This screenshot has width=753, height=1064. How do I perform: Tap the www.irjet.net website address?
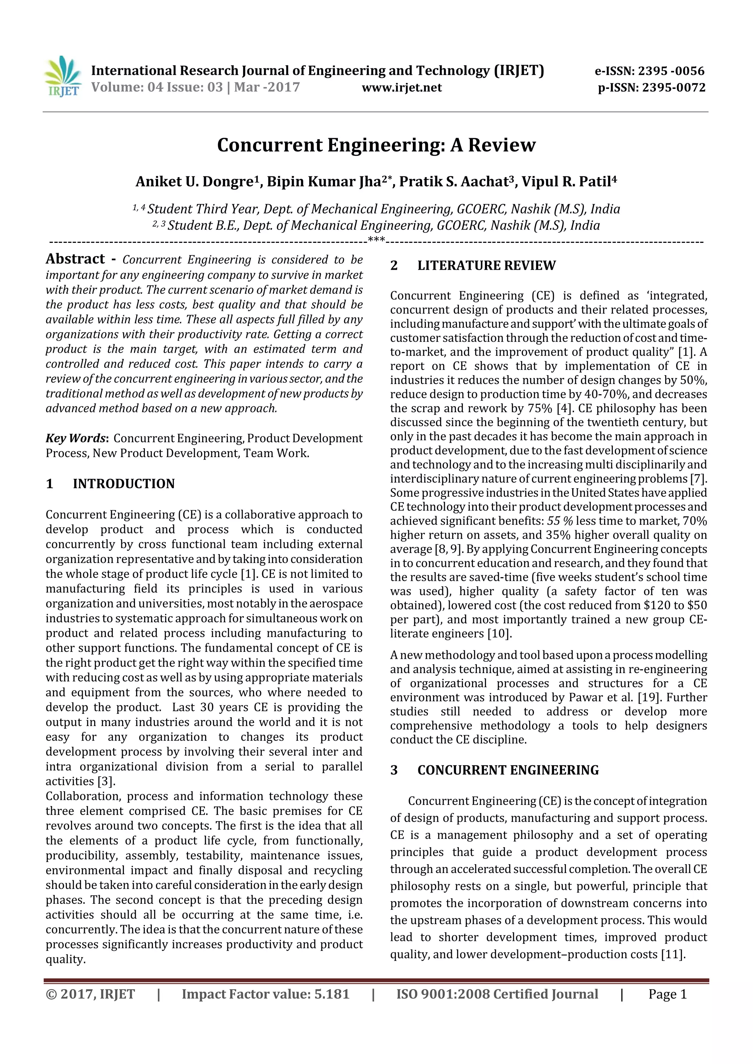[x=402, y=87]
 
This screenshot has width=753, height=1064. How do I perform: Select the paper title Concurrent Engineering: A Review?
[x=376, y=145]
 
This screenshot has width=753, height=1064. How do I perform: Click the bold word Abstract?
[x=75, y=259]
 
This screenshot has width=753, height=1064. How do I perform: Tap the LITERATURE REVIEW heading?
[x=486, y=266]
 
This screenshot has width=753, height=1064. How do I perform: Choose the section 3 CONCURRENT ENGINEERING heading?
[x=508, y=770]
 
